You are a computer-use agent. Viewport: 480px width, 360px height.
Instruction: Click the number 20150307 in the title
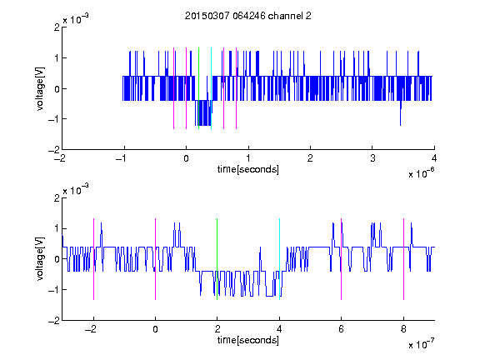[x=207, y=16]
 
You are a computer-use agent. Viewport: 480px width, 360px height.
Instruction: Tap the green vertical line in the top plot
[x=198, y=88]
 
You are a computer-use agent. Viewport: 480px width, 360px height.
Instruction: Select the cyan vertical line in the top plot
[x=211, y=88]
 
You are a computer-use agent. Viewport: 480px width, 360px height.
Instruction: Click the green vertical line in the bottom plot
[x=217, y=259]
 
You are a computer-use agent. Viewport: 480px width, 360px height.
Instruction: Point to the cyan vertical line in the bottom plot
[x=279, y=259]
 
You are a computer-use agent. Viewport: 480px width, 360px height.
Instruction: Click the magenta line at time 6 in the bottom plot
[x=342, y=259]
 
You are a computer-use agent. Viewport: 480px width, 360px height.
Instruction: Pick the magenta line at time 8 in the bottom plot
[x=404, y=259]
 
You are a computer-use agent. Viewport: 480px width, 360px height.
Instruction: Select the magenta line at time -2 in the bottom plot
[x=93, y=259]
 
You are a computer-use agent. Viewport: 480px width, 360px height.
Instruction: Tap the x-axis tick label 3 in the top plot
[x=372, y=158]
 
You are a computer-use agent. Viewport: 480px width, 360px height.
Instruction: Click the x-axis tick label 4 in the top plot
[x=434, y=158]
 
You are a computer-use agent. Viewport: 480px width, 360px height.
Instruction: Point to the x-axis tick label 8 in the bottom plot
[x=403, y=329]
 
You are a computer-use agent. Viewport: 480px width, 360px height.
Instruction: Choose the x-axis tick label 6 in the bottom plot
[x=342, y=329]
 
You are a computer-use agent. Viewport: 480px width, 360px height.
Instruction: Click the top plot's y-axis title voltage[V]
[x=40, y=88]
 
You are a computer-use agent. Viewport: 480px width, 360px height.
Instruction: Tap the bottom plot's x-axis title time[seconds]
[x=248, y=340]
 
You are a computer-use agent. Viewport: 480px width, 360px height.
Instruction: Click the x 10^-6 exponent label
[x=421, y=173]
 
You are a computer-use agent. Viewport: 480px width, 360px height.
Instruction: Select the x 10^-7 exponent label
[x=421, y=344]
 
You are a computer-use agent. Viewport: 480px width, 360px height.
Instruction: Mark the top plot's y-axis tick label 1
[x=57, y=58]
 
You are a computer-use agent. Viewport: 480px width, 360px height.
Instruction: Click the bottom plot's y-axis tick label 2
[x=57, y=197]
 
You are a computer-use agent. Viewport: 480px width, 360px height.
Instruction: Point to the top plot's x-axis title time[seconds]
[x=248, y=169]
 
